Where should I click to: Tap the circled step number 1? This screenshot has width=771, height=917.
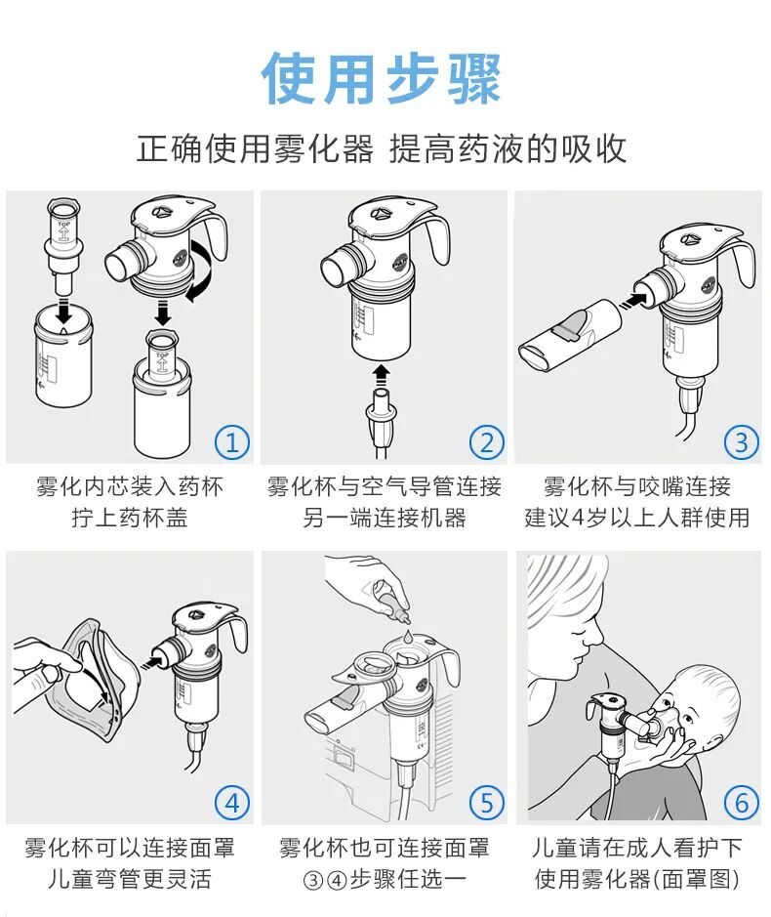pyautogui.click(x=231, y=442)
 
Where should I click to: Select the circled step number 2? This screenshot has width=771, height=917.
pyautogui.click(x=486, y=442)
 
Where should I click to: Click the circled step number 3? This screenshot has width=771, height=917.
pyautogui.click(x=741, y=442)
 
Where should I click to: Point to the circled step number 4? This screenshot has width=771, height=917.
pyautogui.click(x=231, y=803)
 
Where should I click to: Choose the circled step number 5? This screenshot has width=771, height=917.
pyautogui.click(x=486, y=803)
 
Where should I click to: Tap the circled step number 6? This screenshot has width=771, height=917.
pyautogui.click(x=741, y=803)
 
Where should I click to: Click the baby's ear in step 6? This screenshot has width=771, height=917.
pyautogui.click(x=691, y=700)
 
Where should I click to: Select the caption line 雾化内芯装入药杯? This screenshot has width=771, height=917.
pyautogui.click(x=130, y=486)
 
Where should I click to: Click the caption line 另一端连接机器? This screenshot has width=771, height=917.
pyautogui.click(x=384, y=518)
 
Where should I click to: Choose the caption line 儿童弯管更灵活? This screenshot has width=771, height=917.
pyautogui.click(x=130, y=879)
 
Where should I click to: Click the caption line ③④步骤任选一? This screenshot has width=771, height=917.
pyautogui.click(x=384, y=879)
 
